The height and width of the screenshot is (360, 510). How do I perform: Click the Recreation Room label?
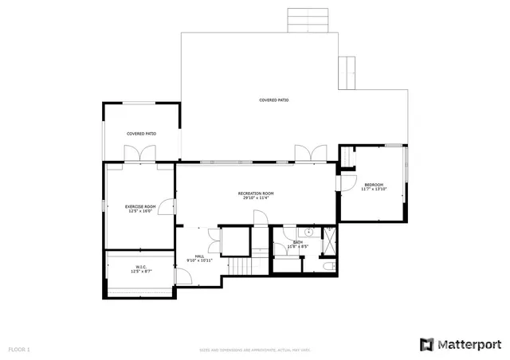point(256,195)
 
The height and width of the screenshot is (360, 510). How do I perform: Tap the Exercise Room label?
point(139,209)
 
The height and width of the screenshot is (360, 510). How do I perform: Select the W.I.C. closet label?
point(140,269)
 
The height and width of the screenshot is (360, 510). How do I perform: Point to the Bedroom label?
point(373,186)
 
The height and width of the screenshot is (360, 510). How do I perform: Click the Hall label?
point(198,258)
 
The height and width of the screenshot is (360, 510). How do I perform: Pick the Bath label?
point(297,244)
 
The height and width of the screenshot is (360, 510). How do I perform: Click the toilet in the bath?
point(330,264)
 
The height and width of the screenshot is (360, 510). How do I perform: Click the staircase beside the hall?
point(237,265)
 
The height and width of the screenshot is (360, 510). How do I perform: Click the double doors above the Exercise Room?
point(140,155)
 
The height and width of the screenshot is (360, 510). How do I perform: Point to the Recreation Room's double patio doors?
point(310,153)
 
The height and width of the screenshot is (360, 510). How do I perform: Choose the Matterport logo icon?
point(427,344)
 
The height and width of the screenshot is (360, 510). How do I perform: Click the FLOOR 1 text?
point(19,349)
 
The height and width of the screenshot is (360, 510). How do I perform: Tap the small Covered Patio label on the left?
point(141,134)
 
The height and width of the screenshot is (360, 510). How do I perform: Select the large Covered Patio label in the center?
point(273,100)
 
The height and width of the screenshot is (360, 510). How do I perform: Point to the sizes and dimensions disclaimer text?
point(255,350)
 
